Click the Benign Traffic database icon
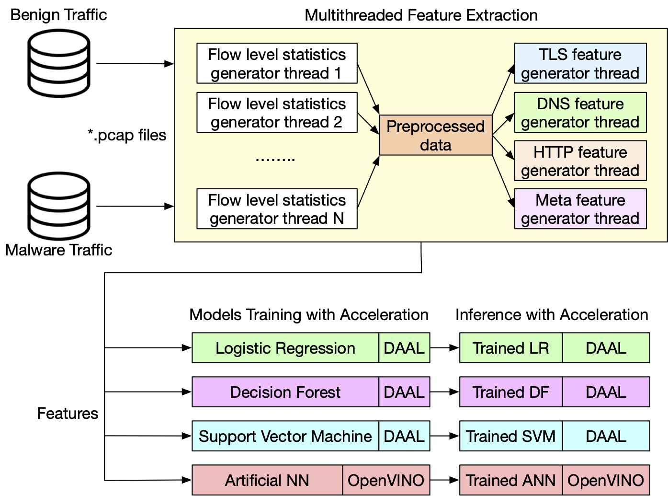[x=59, y=63]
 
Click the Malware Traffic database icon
[x=59, y=206]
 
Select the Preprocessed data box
[x=435, y=135]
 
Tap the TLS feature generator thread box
[x=580, y=63]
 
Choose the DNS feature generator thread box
[x=580, y=113]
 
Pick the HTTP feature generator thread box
[x=580, y=161]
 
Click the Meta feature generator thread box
[x=580, y=209]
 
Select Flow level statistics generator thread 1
[x=277, y=63]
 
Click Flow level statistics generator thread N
[x=277, y=209]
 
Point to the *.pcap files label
[x=127, y=135]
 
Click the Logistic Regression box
[x=285, y=348]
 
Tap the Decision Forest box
[x=285, y=392]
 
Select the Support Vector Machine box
[x=285, y=436]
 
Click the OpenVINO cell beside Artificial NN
[x=386, y=480]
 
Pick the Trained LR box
[x=510, y=348]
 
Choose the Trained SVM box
[x=510, y=436]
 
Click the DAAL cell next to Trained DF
[x=606, y=392]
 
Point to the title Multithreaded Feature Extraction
[x=421, y=15]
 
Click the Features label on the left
[x=68, y=413]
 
